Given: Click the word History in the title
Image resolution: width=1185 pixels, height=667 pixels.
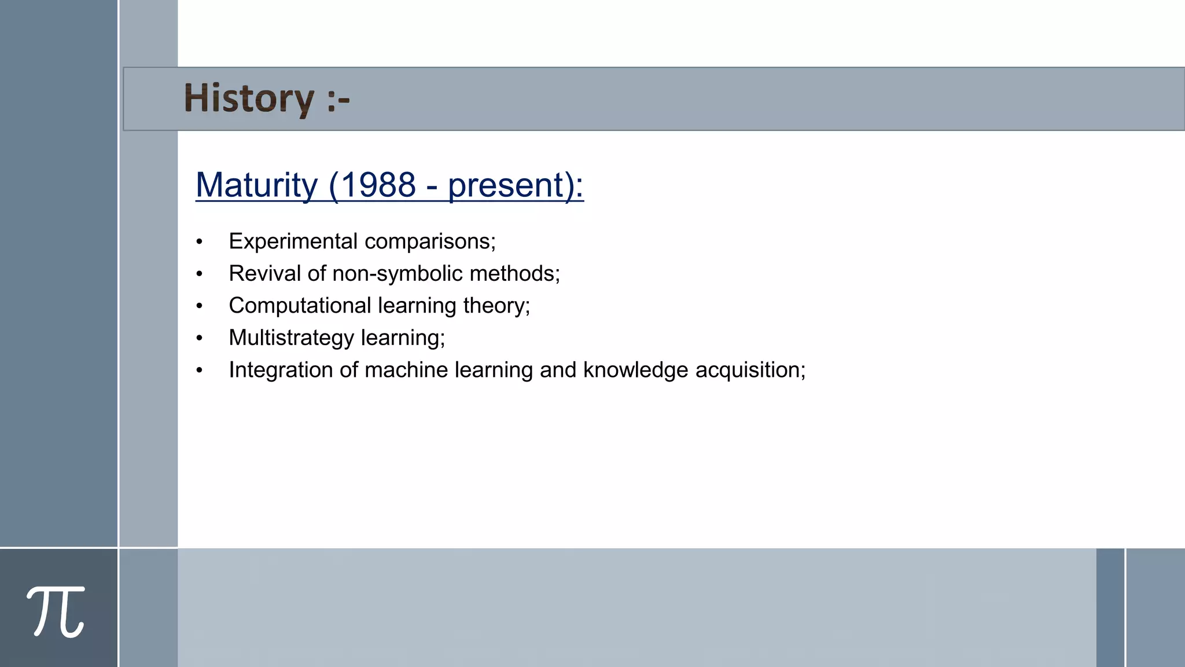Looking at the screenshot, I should click(x=249, y=98).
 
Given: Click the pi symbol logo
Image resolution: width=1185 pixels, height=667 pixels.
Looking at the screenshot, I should click(x=56, y=611).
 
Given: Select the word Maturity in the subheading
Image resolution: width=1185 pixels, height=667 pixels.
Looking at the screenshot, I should click(x=256, y=185).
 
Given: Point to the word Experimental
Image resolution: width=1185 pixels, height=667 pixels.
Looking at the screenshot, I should click(x=293, y=241).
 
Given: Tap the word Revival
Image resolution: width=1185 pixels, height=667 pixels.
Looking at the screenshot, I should click(x=264, y=273).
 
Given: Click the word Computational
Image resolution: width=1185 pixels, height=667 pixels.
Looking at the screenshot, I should click(x=300, y=306).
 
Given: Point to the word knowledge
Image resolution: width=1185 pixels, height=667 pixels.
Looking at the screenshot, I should click(x=635, y=370).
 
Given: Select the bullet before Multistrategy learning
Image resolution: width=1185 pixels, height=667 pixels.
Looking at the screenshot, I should click(x=200, y=338).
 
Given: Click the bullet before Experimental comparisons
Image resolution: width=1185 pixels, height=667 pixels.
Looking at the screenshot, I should click(x=200, y=242).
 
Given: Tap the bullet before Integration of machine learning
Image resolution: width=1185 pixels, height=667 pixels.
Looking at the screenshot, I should click(x=200, y=371).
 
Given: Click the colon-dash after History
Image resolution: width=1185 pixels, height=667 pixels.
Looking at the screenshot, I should click(x=338, y=100).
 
